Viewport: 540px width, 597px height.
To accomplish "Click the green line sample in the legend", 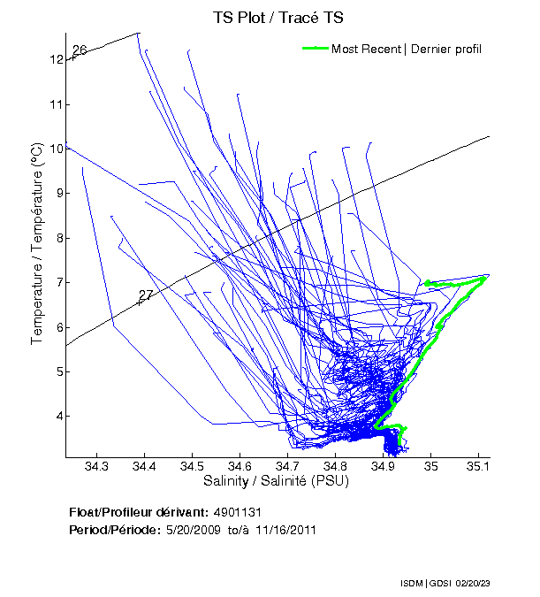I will (x=316, y=49).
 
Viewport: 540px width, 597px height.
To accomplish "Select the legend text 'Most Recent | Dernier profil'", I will (x=407, y=49).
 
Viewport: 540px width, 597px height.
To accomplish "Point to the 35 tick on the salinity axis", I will (x=430, y=466).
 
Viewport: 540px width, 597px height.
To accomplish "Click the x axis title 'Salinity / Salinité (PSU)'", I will (x=276, y=482).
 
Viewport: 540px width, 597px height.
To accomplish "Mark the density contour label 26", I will (x=79, y=50).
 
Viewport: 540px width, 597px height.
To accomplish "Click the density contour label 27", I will (x=146, y=295).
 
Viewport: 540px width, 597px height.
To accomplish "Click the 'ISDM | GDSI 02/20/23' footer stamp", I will (x=444, y=584).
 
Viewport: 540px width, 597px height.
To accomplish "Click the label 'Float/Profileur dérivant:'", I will (x=139, y=512).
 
